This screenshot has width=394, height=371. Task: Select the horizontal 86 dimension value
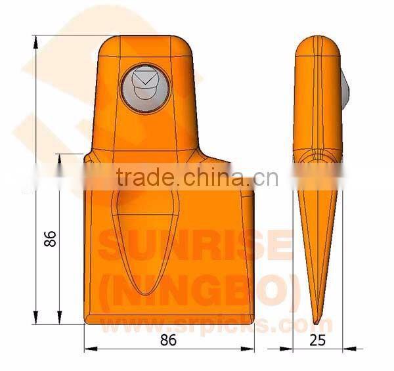click(168, 340)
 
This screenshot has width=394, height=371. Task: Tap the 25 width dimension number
click(318, 340)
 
